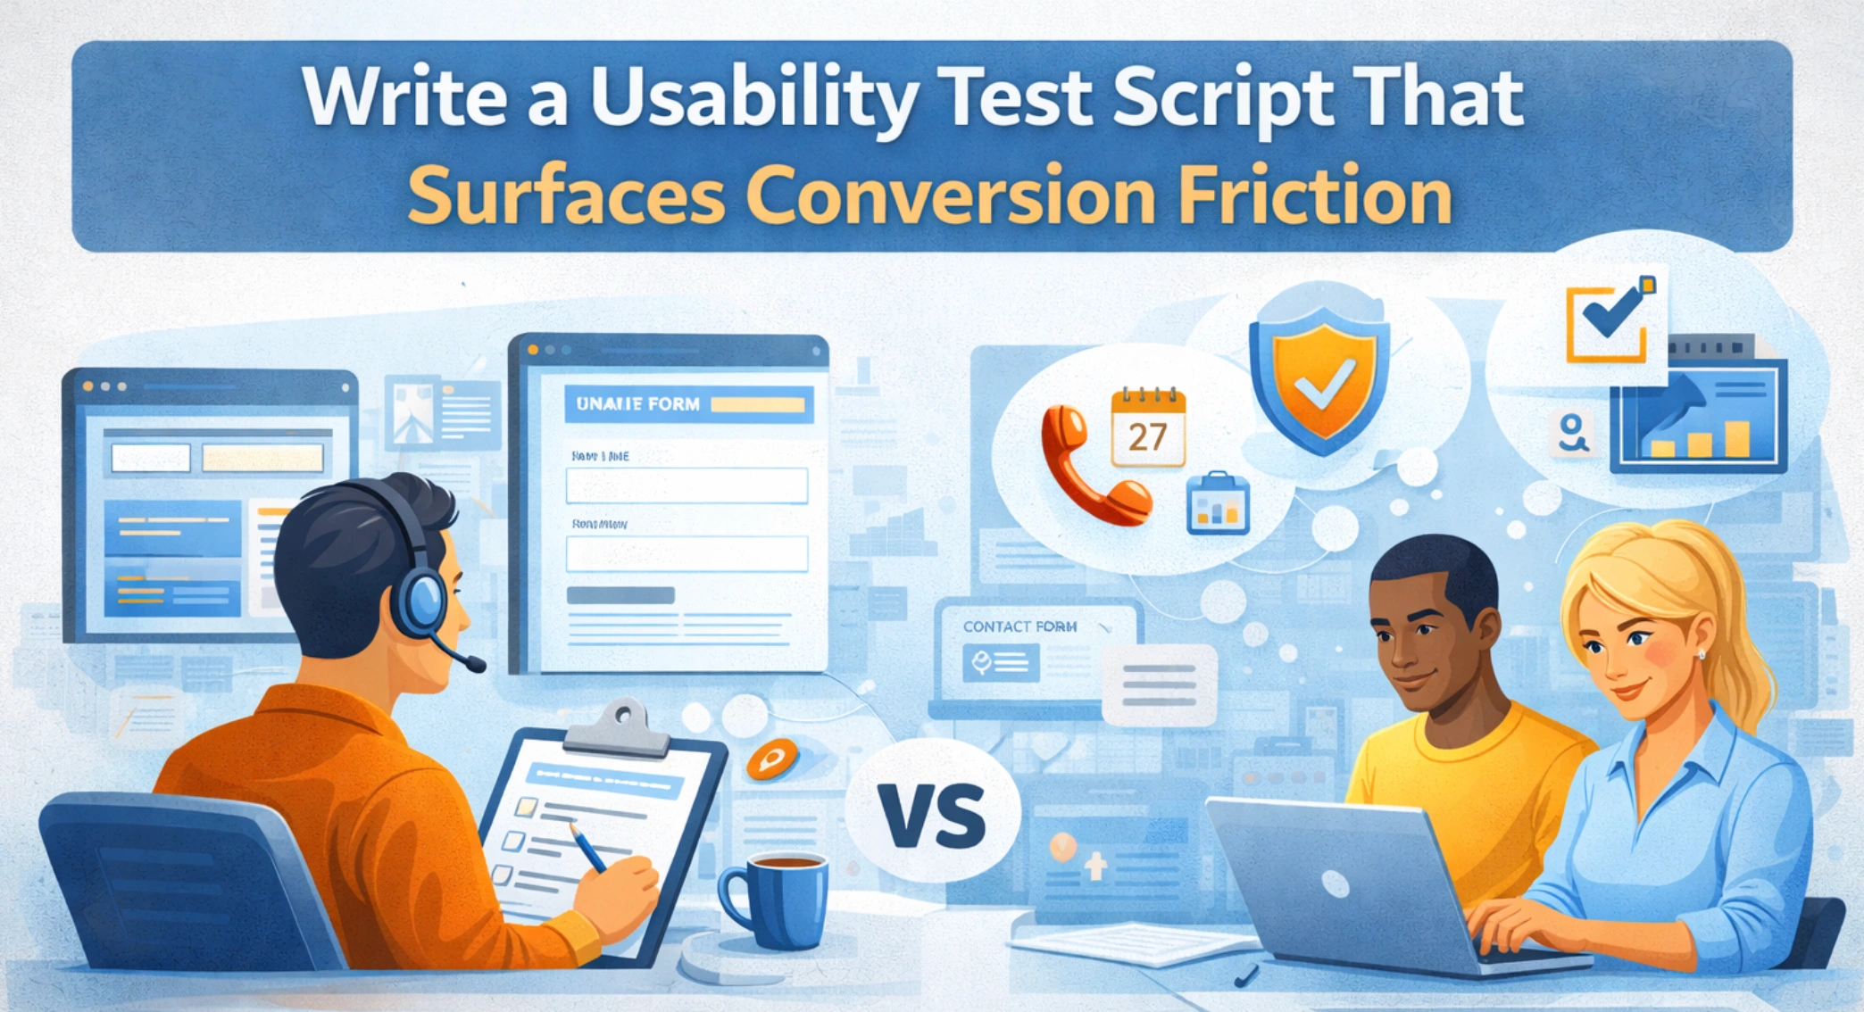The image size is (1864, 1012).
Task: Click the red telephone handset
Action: (x=1089, y=469)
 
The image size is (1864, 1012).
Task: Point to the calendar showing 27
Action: (x=1147, y=429)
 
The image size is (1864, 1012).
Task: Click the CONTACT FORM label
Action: (x=1019, y=626)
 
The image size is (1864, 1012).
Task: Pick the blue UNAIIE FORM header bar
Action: (x=688, y=404)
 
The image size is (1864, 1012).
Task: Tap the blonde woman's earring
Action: (x=1702, y=654)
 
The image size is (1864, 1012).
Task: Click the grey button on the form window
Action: (x=620, y=595)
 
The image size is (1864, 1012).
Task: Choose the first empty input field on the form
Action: (x=687, y=486)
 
